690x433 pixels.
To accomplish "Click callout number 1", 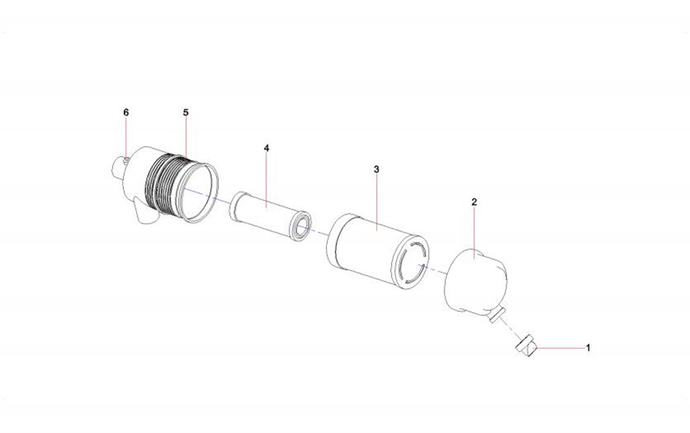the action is pos(588,348).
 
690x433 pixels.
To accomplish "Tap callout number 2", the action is pos(474,202).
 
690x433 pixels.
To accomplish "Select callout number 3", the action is pos(376,169).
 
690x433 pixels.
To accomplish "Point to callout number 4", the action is pos(266,148).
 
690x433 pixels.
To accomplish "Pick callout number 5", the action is pos(186,112).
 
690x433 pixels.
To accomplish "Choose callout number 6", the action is pos(126,112).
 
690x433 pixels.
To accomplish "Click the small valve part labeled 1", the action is pos(527,345).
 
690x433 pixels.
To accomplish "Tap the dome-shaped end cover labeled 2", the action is pos(476,282).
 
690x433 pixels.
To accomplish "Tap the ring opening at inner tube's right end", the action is pos(302,227).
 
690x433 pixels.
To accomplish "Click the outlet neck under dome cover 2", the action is pos(496,315).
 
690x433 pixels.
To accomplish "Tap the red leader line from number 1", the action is pos(561,348).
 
